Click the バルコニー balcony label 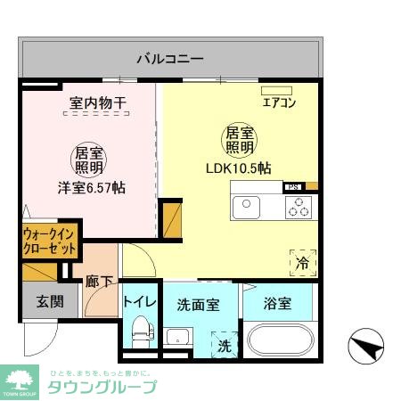coord(170,60)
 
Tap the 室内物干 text coord(98,104)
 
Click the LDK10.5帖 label coord(238,168)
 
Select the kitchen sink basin coord(246,208)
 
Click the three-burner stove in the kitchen coord(298,207)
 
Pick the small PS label coord(292,187)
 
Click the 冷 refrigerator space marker coord(302,263)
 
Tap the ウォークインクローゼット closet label coord(50,241)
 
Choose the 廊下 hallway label coord(100,282)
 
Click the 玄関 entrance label coord(50,302)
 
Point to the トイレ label coord(140,301)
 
